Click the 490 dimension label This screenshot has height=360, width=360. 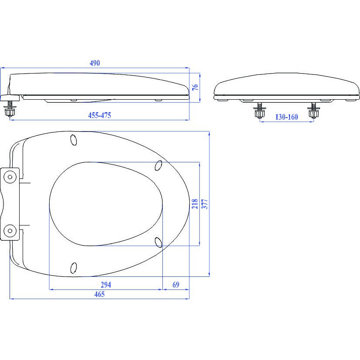pos(95,63)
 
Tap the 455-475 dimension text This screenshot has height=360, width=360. pos(100,115)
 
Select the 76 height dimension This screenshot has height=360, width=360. pos(195,87)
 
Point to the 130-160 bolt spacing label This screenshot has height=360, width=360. pos(286,117)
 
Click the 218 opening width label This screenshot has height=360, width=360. pos(195,204)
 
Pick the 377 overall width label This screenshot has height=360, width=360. pos(205,204)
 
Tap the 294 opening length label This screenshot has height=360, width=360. pos(106,285)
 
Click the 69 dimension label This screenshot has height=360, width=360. pos(176,285)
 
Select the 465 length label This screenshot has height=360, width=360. pos(99,294)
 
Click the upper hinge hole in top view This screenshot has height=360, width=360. pos(10,177)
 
